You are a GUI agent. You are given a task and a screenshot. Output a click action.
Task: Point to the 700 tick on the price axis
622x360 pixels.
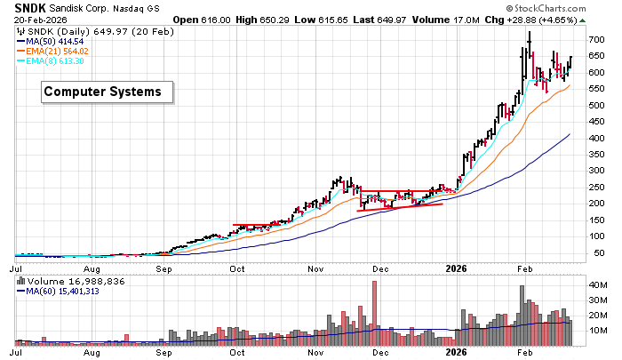595,40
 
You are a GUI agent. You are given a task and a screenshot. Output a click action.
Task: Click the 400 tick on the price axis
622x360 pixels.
595,139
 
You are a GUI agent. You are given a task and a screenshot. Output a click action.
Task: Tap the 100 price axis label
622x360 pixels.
595,236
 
